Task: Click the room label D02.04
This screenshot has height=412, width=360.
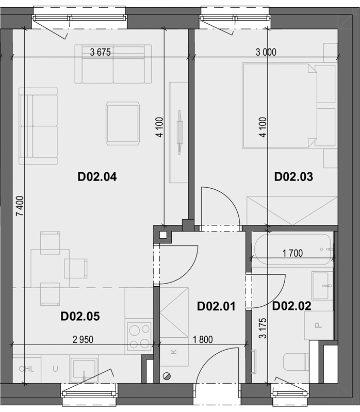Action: pyautogui.click(x=97, y=177)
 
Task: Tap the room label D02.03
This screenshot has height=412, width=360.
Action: pyautogui.click(x=293, y=177)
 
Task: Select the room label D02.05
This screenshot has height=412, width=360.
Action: pyautogui.click(x=80, y=317)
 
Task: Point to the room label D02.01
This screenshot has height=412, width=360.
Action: pyautogui.click(x=216, y=306)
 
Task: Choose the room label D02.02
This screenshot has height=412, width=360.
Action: pyautogui.click(x=292, y=306)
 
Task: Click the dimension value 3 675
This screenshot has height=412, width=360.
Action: pyautogui.click(x=101, y=52)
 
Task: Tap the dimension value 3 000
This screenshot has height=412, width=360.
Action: pyautogui.click(x=266, y=52)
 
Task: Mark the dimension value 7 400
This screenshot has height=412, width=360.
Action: pyautogui.click(x=20, y=206)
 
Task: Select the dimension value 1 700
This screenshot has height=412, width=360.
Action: pyautogui.click(x=292, y=253)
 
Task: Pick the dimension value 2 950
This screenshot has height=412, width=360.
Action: pyautogui.click(x=83, y=339)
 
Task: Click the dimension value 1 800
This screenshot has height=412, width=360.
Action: pyautogui.click(x=203, y=339)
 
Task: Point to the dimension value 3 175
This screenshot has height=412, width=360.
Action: pyautogui.click(x=263, y=328)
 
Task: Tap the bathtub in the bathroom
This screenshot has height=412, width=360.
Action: pyautogui.click(x=292, y=250)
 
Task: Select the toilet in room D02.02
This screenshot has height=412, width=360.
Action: pyautogui.click(x=296, y=361)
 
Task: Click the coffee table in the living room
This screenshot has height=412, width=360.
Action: pyautogui.click(x=122, y=123)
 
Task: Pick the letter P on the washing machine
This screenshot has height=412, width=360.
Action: pyautogui.click(x=319, y=325)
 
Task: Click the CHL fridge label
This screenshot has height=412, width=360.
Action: pyautogui.click(x=26, y=369)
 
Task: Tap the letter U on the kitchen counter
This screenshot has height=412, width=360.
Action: pyautogui.click(x=55, y=369)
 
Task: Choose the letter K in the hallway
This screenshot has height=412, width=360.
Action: pyautogui.click(x=174, y=352)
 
